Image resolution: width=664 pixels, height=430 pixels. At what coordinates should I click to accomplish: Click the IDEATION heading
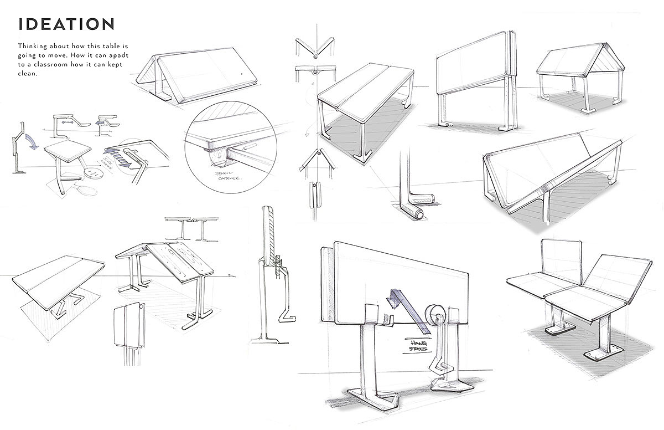[66, 24]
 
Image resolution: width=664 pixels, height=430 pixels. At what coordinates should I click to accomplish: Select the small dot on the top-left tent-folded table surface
[242, 74]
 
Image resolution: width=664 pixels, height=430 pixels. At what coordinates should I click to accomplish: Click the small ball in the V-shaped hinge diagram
[314, 55]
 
